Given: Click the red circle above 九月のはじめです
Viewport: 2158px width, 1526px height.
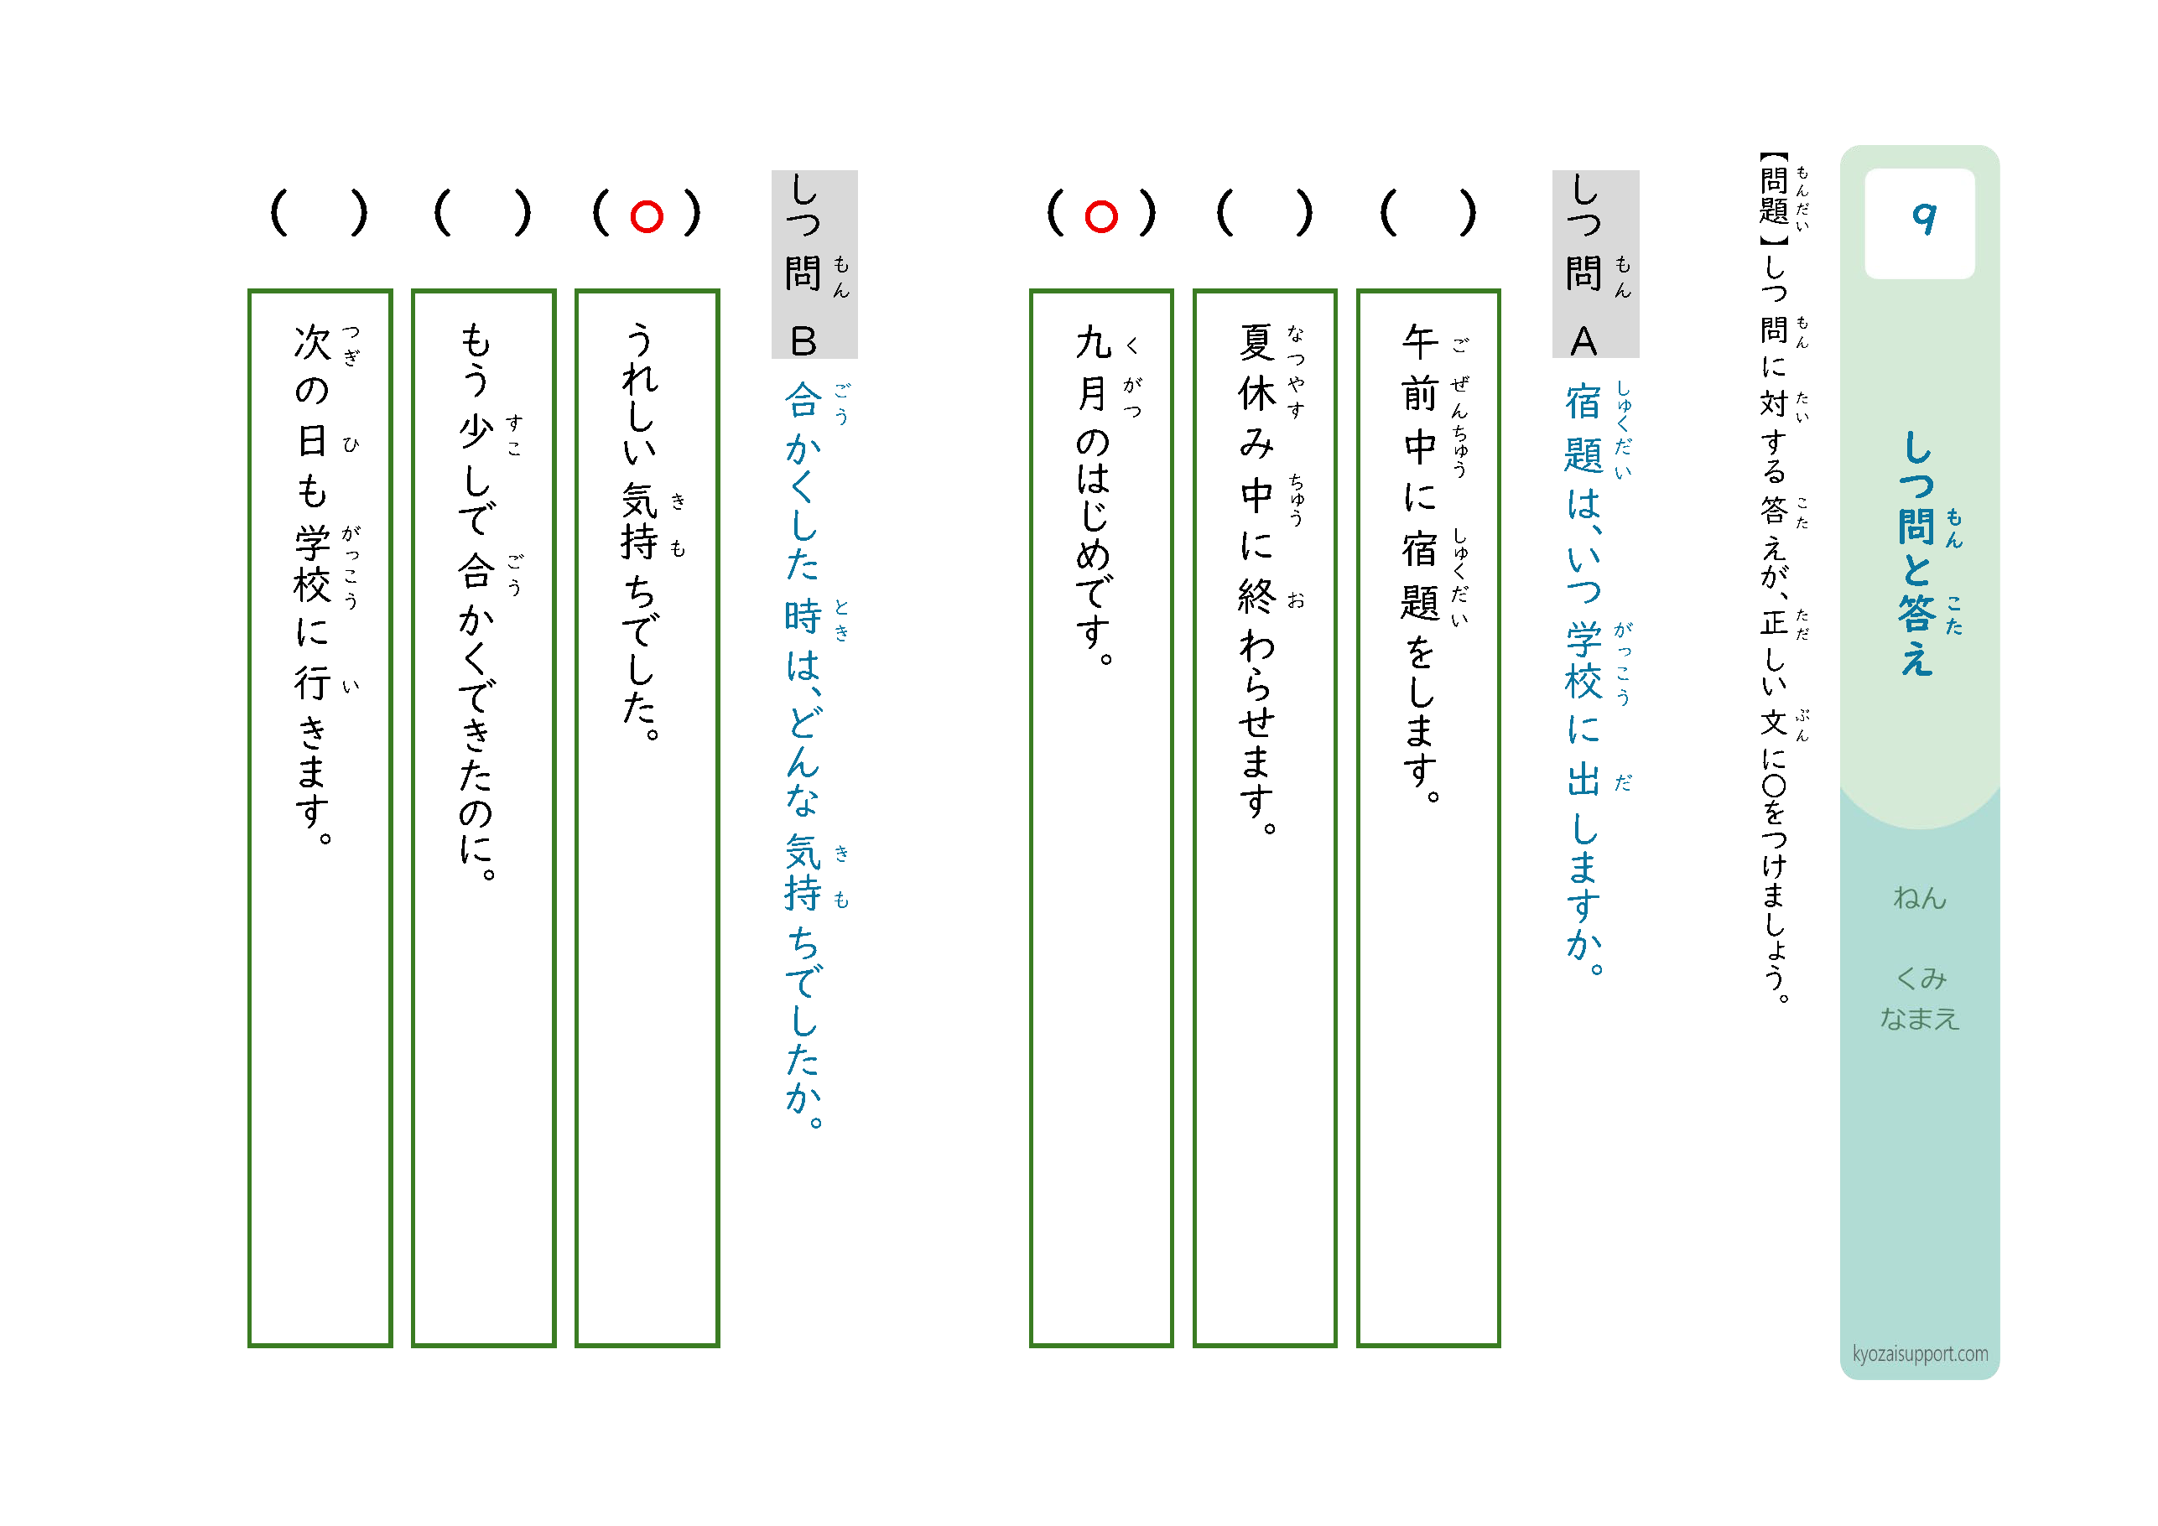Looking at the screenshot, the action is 1100,217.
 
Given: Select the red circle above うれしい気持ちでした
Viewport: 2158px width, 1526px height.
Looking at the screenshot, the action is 647,217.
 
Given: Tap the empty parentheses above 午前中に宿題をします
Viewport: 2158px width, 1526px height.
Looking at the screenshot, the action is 1427,213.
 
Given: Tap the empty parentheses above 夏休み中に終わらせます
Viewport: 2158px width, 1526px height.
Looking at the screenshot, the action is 1264,213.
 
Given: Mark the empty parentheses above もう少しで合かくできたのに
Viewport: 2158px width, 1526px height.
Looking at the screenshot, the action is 483,213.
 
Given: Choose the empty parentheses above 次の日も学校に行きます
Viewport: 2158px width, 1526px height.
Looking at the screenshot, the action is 320,213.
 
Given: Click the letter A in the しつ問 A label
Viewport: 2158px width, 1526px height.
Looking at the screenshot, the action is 1583,341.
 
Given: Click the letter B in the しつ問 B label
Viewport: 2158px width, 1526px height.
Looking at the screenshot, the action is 803,341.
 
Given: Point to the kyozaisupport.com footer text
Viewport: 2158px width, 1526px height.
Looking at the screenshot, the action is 1920,1354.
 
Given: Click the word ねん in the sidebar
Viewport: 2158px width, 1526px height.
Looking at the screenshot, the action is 1919,898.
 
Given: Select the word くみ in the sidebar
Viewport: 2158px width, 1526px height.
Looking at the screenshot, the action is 1920,978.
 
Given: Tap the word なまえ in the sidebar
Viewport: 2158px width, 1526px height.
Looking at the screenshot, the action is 1919,1019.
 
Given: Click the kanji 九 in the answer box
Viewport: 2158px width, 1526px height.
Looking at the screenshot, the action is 1093,342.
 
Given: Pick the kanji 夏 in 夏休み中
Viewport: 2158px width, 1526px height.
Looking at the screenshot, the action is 1256,342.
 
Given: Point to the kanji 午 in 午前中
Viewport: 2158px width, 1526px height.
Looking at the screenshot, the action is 1420,342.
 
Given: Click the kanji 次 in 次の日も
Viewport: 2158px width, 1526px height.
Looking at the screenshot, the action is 312,342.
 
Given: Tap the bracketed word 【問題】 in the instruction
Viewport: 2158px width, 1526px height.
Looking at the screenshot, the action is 1774,200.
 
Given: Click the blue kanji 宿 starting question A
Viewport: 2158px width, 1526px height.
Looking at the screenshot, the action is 1583,402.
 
